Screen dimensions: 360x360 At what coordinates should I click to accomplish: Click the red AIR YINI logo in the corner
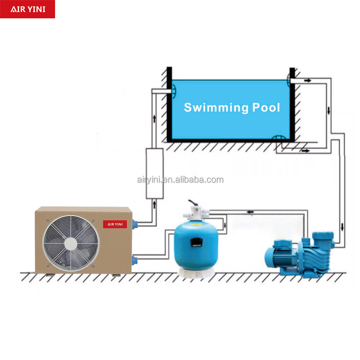(27, 9)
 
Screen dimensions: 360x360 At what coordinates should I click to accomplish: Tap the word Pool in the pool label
(266, 108)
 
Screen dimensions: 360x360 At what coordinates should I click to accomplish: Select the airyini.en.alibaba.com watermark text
(180, 180)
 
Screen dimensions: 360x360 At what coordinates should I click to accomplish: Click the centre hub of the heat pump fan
(69, 244)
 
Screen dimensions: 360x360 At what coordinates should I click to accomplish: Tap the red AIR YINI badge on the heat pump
(115, 224)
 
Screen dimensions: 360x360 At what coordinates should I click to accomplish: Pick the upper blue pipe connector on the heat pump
(135, 225)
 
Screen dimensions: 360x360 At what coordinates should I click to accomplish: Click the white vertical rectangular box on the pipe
(154, 173)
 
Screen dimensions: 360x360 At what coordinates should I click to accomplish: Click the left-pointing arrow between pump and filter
(250, 212)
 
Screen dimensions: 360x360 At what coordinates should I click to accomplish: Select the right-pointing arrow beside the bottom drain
(306, 150)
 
